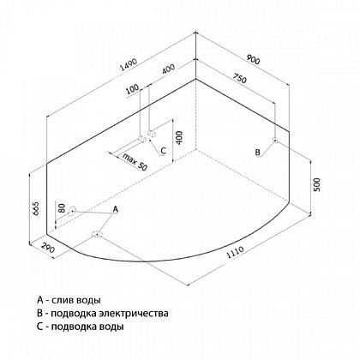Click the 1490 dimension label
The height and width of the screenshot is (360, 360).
[129, 65]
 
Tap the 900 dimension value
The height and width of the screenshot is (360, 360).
[253, 59]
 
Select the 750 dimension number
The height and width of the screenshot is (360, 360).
[238, 78]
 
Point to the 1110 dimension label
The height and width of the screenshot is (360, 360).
[235, 252]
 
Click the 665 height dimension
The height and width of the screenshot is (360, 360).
[35, 208]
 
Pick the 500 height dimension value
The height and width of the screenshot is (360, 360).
[317, 184]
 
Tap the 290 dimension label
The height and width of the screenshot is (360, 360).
[48, 248]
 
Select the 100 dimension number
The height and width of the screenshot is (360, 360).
[132, 89]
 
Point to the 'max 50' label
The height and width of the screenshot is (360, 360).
[135, 161]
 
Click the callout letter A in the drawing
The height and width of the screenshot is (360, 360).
[115, 209]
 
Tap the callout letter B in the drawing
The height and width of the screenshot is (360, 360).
[257, 153]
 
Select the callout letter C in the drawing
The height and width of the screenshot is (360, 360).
[163, 151]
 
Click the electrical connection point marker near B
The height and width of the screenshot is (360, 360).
[275, 140]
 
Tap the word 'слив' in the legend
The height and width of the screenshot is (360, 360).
[63, 300]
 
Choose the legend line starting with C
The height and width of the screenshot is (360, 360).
[81, 327]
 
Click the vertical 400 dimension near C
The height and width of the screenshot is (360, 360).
[179, 138]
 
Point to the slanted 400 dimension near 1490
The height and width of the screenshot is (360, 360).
[168, 69]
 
